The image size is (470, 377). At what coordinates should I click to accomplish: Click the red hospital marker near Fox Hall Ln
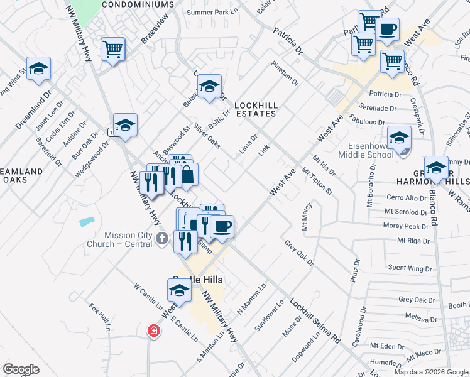tap(153, 331)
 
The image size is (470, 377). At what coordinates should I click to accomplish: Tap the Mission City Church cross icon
tap(163, 238)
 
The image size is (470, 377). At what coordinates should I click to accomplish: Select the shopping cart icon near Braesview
tap(113, 48)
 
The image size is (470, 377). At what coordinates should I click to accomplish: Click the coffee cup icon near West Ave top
tap(387, 29)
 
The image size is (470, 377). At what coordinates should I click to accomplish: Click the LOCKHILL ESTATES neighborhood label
tap(255, 109)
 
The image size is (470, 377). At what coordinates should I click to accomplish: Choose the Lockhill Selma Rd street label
tap(315, 320)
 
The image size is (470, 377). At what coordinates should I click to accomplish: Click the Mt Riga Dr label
tap(413, 241)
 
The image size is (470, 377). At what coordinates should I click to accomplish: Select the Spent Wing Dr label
tap(411, 268)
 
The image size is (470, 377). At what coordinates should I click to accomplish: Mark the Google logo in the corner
tap(21, 369)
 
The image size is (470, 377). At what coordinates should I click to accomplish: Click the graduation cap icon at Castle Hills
tap(179, 291)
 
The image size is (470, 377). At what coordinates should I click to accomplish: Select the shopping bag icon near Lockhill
tap(187, 175)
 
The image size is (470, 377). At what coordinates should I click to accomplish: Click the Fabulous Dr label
tap(368, 122)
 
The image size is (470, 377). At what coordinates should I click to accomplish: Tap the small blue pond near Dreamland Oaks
tap(87, 222)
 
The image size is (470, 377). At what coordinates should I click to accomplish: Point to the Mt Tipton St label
tap(317, 181)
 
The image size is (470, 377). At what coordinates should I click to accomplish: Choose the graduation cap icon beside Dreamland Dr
tap(38, 69)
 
